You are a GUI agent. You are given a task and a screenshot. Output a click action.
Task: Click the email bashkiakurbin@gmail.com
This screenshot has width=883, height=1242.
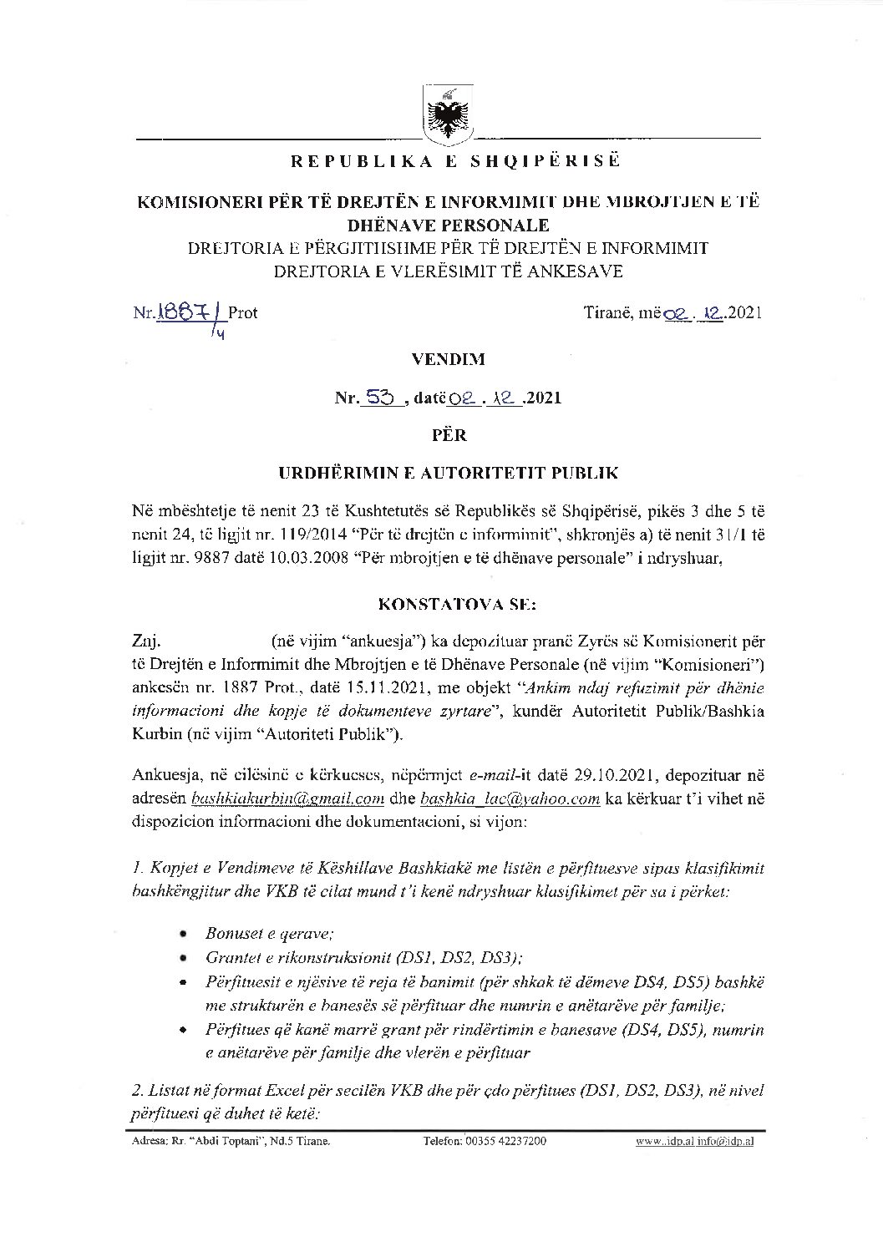point(287,798)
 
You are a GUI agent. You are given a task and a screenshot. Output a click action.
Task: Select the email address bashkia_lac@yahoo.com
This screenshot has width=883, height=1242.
point(510,798)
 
